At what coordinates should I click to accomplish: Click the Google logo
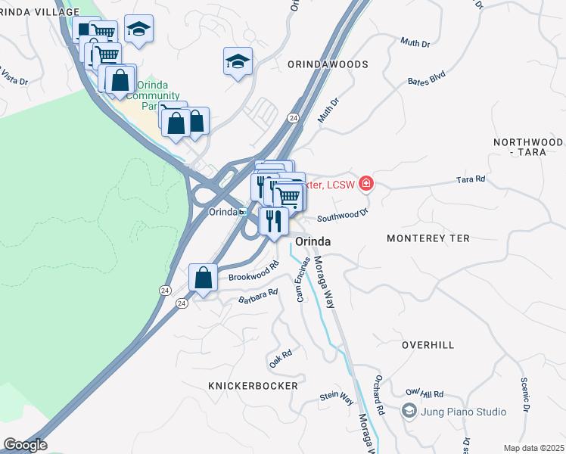tap(25, 445)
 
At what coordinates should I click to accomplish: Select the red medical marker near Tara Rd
tap(366, 183)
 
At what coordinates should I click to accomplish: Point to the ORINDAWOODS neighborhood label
tap(328, 65)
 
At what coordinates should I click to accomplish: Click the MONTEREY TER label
tap(428, 238)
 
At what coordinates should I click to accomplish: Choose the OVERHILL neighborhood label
tap(428, 345)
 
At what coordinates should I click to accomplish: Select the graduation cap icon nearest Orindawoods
tap(238, 62)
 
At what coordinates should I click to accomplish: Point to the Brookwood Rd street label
tap(254, 272)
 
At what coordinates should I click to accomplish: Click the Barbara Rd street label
tap(259, 296)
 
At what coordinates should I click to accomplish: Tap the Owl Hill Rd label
tap(424, 393)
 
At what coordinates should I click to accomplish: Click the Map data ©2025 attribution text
tap(533, 448)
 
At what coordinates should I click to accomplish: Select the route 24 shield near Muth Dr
tap(293, 118)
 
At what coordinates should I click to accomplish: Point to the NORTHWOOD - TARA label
tap(528, 147)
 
